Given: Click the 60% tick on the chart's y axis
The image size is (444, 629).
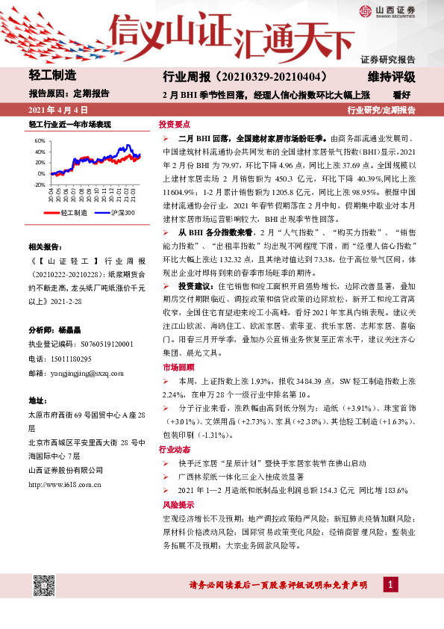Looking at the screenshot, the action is pos(40,140).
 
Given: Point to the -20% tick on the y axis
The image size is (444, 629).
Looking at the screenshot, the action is pos(39,184).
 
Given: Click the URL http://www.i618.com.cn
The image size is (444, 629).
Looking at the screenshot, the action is pos(65,485).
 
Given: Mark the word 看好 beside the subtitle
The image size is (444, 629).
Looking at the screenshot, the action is pos(403,94).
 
